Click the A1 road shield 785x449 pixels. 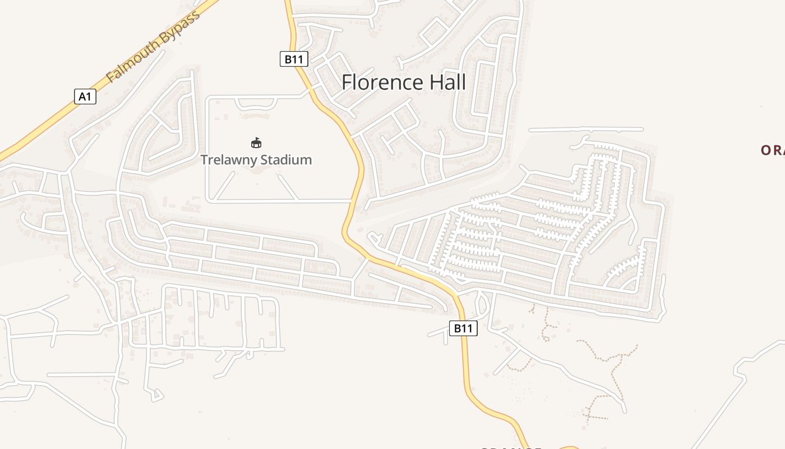click(x=85, y=97)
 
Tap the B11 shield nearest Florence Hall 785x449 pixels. click(x=294, y=59)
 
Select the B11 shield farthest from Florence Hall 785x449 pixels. click(x=463, y=328)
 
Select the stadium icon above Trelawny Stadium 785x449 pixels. click(x=256, y=143)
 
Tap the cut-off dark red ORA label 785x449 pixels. click(x=773, y=150)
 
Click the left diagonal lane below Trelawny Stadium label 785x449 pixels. click(x=226, y=186)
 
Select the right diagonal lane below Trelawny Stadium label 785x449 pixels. click(x=288, y=186)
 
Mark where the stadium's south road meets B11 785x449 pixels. click(x=352, y=200)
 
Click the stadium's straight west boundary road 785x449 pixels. click(x=207, y=149)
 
